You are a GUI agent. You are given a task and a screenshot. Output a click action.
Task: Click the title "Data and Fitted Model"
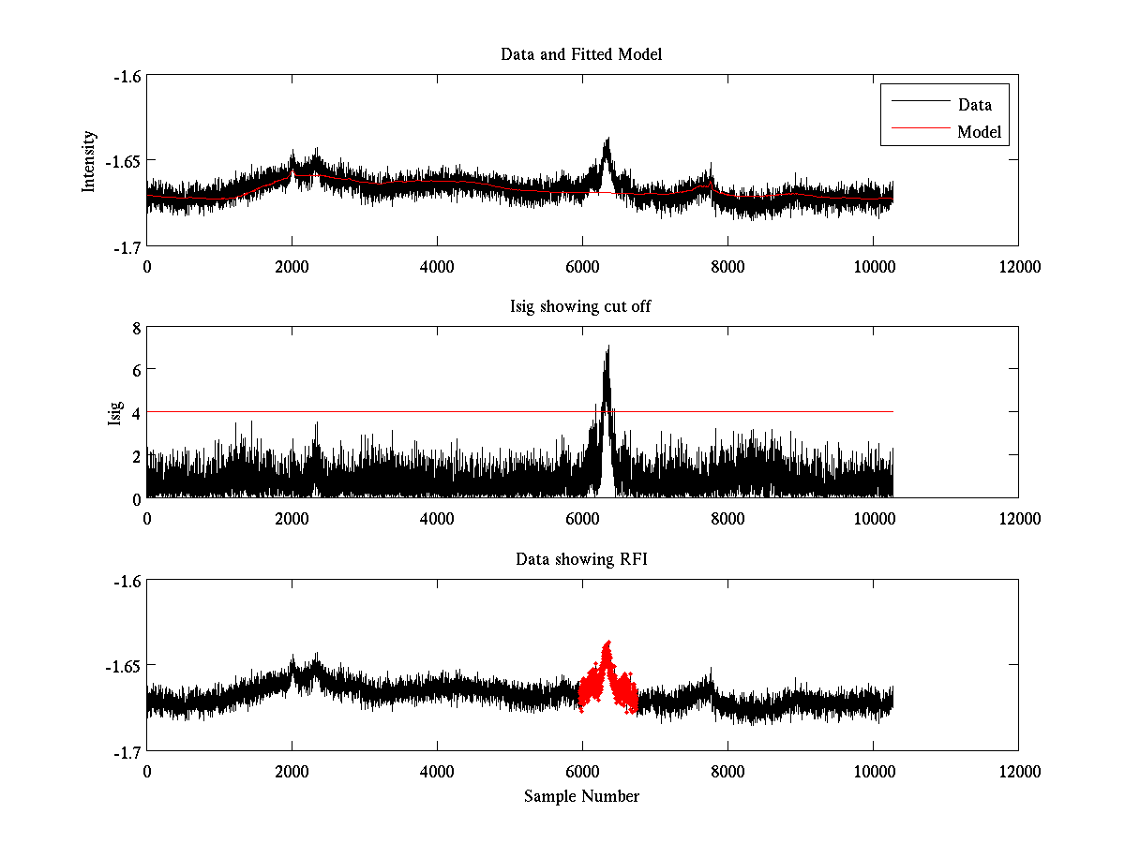click(x=581, y=54)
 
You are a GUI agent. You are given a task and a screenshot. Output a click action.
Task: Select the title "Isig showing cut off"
click(x=581, y=307)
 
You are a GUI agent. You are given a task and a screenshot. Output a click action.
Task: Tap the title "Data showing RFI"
click(x=581, y=559)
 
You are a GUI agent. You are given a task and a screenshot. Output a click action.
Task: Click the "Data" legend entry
click(x=974, y=105)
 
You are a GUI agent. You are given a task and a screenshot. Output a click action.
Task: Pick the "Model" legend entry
click(x=979, y=132)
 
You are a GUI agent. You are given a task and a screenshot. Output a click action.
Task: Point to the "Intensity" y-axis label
click(x=89, y=161)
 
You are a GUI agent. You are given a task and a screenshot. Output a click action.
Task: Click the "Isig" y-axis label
click(x=114, y=413)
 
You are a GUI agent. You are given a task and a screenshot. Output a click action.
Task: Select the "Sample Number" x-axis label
click(x=581, y=796)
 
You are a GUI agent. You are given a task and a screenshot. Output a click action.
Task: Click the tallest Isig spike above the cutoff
click(x=608, y=349)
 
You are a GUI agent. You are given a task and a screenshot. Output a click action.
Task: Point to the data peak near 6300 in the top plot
click(x=607, y=141)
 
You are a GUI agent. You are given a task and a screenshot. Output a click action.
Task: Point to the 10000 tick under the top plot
click(x=873, y=266)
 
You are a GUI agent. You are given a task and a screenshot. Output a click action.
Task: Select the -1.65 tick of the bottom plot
click(x=122, y=666)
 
